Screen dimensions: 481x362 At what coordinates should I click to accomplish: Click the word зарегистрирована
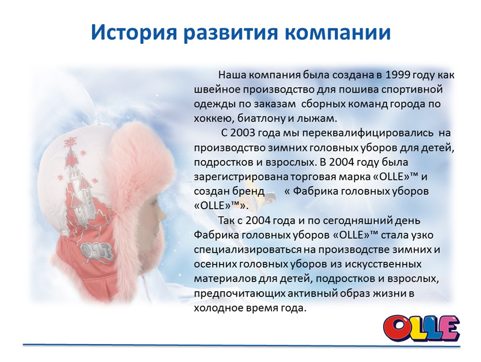click(x=241, y=177)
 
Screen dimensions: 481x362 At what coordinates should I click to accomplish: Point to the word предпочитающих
click(x=239, y=293)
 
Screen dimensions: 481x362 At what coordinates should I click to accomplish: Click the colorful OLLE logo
click(x=421, y=328)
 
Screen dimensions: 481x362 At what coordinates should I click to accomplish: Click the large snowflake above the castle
click(x=70, y=143)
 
